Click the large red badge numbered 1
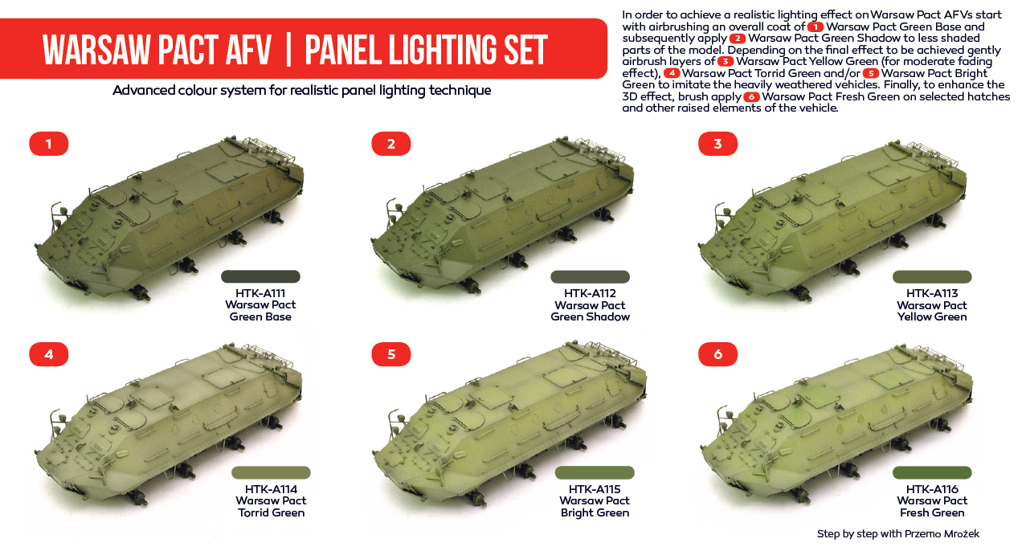click(48, 144)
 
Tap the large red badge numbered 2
click(391, 144)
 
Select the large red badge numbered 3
click(717, 144)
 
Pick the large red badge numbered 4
click(48, 354)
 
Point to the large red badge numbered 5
click(391, 354)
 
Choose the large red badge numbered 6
click(717, 354)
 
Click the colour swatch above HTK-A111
click(260, 276)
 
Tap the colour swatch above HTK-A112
click(590, 276)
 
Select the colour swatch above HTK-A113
click(932, 276)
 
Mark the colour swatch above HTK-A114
click(271, 472)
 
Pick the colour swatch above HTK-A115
click(595, 472)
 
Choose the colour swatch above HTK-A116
click(932, 472)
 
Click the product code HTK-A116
click(932, 489)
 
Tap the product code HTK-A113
click(932, 293)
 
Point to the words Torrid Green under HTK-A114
click(271, 512)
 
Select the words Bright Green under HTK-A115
click(595, 513)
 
